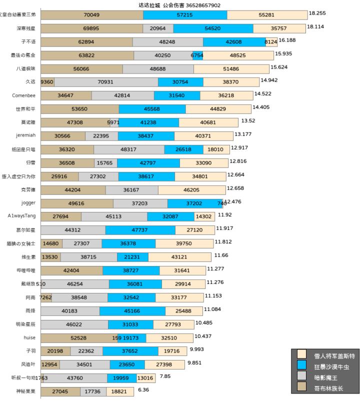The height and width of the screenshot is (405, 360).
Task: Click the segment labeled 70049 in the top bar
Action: (x=92, y=15)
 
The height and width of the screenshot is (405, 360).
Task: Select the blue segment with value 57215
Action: (x=185, y=15)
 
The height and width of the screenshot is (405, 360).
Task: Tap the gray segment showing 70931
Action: (x=106, y=82)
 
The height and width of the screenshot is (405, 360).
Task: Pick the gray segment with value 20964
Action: (x=158, y=28)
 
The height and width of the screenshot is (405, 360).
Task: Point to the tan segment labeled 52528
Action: (x=79, y=338)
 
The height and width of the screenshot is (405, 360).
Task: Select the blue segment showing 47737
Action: (x=140, y=230)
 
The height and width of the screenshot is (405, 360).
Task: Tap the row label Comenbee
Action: (x=24, y=95)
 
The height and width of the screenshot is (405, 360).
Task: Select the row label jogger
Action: (x=28, y=203)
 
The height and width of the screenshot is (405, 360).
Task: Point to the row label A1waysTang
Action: (x=21, y=216)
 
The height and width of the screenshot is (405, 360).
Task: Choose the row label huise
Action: (x=29, y=337)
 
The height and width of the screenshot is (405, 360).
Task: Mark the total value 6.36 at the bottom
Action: (x=143, y=389)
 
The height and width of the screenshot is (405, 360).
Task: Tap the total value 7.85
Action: (x=165, y=376)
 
